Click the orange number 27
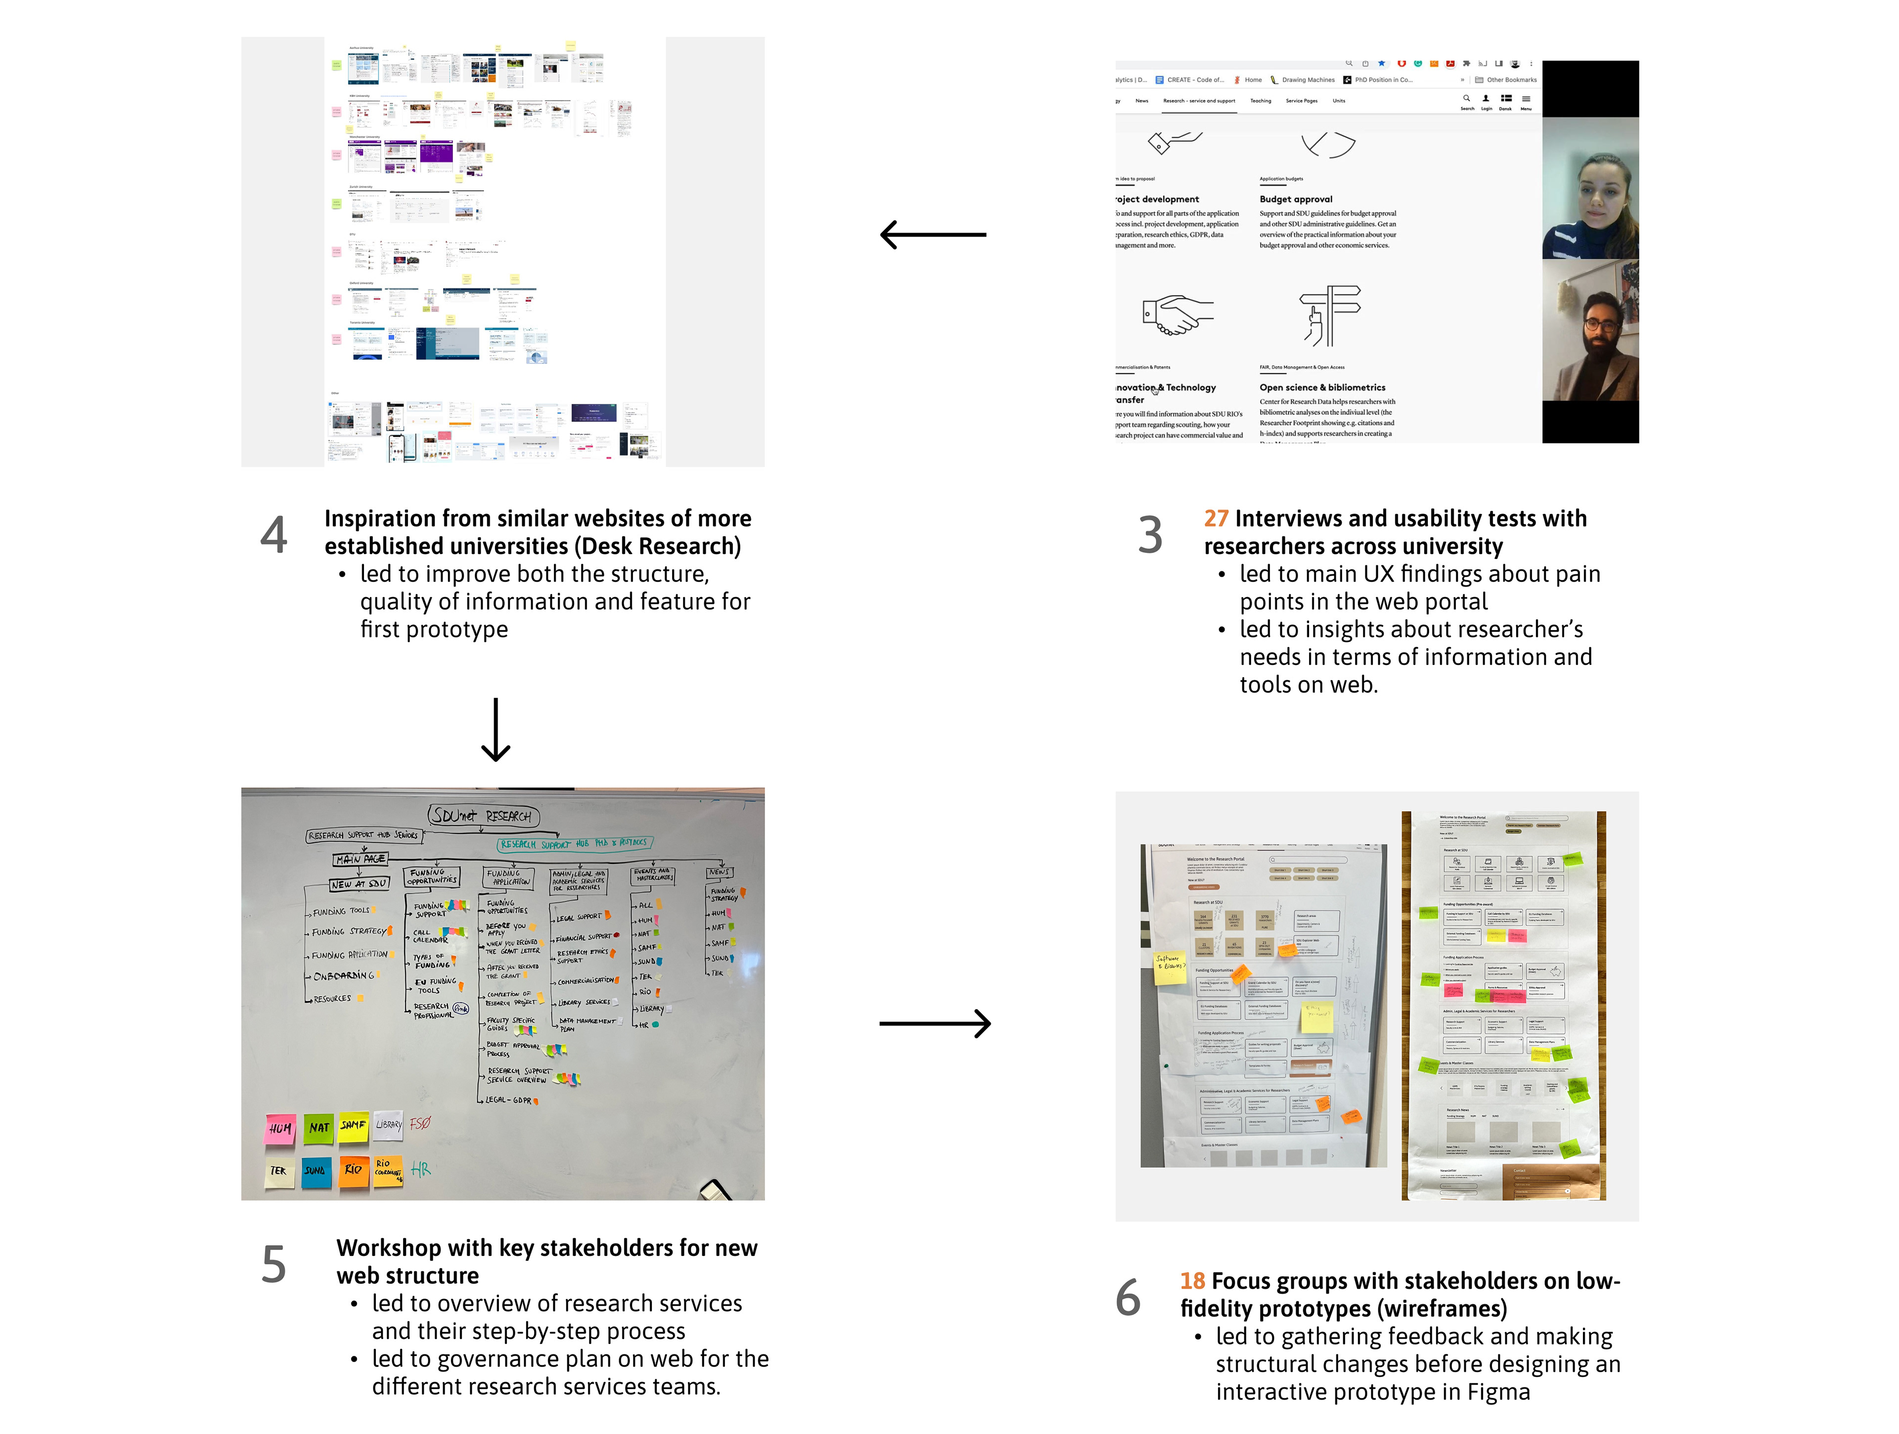pyautogui.click(x=1216, y=519)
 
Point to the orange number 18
pyautogui.click(x=1192, y=1281)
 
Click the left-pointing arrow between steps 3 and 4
pyautogui.click(x=933, y=234)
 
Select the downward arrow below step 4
pyautogui.click(x=496, y=730)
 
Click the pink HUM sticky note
pyautogui.click(x=280, y=1128)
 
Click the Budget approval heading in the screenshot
pyautogui.click(x=1296, y=199)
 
